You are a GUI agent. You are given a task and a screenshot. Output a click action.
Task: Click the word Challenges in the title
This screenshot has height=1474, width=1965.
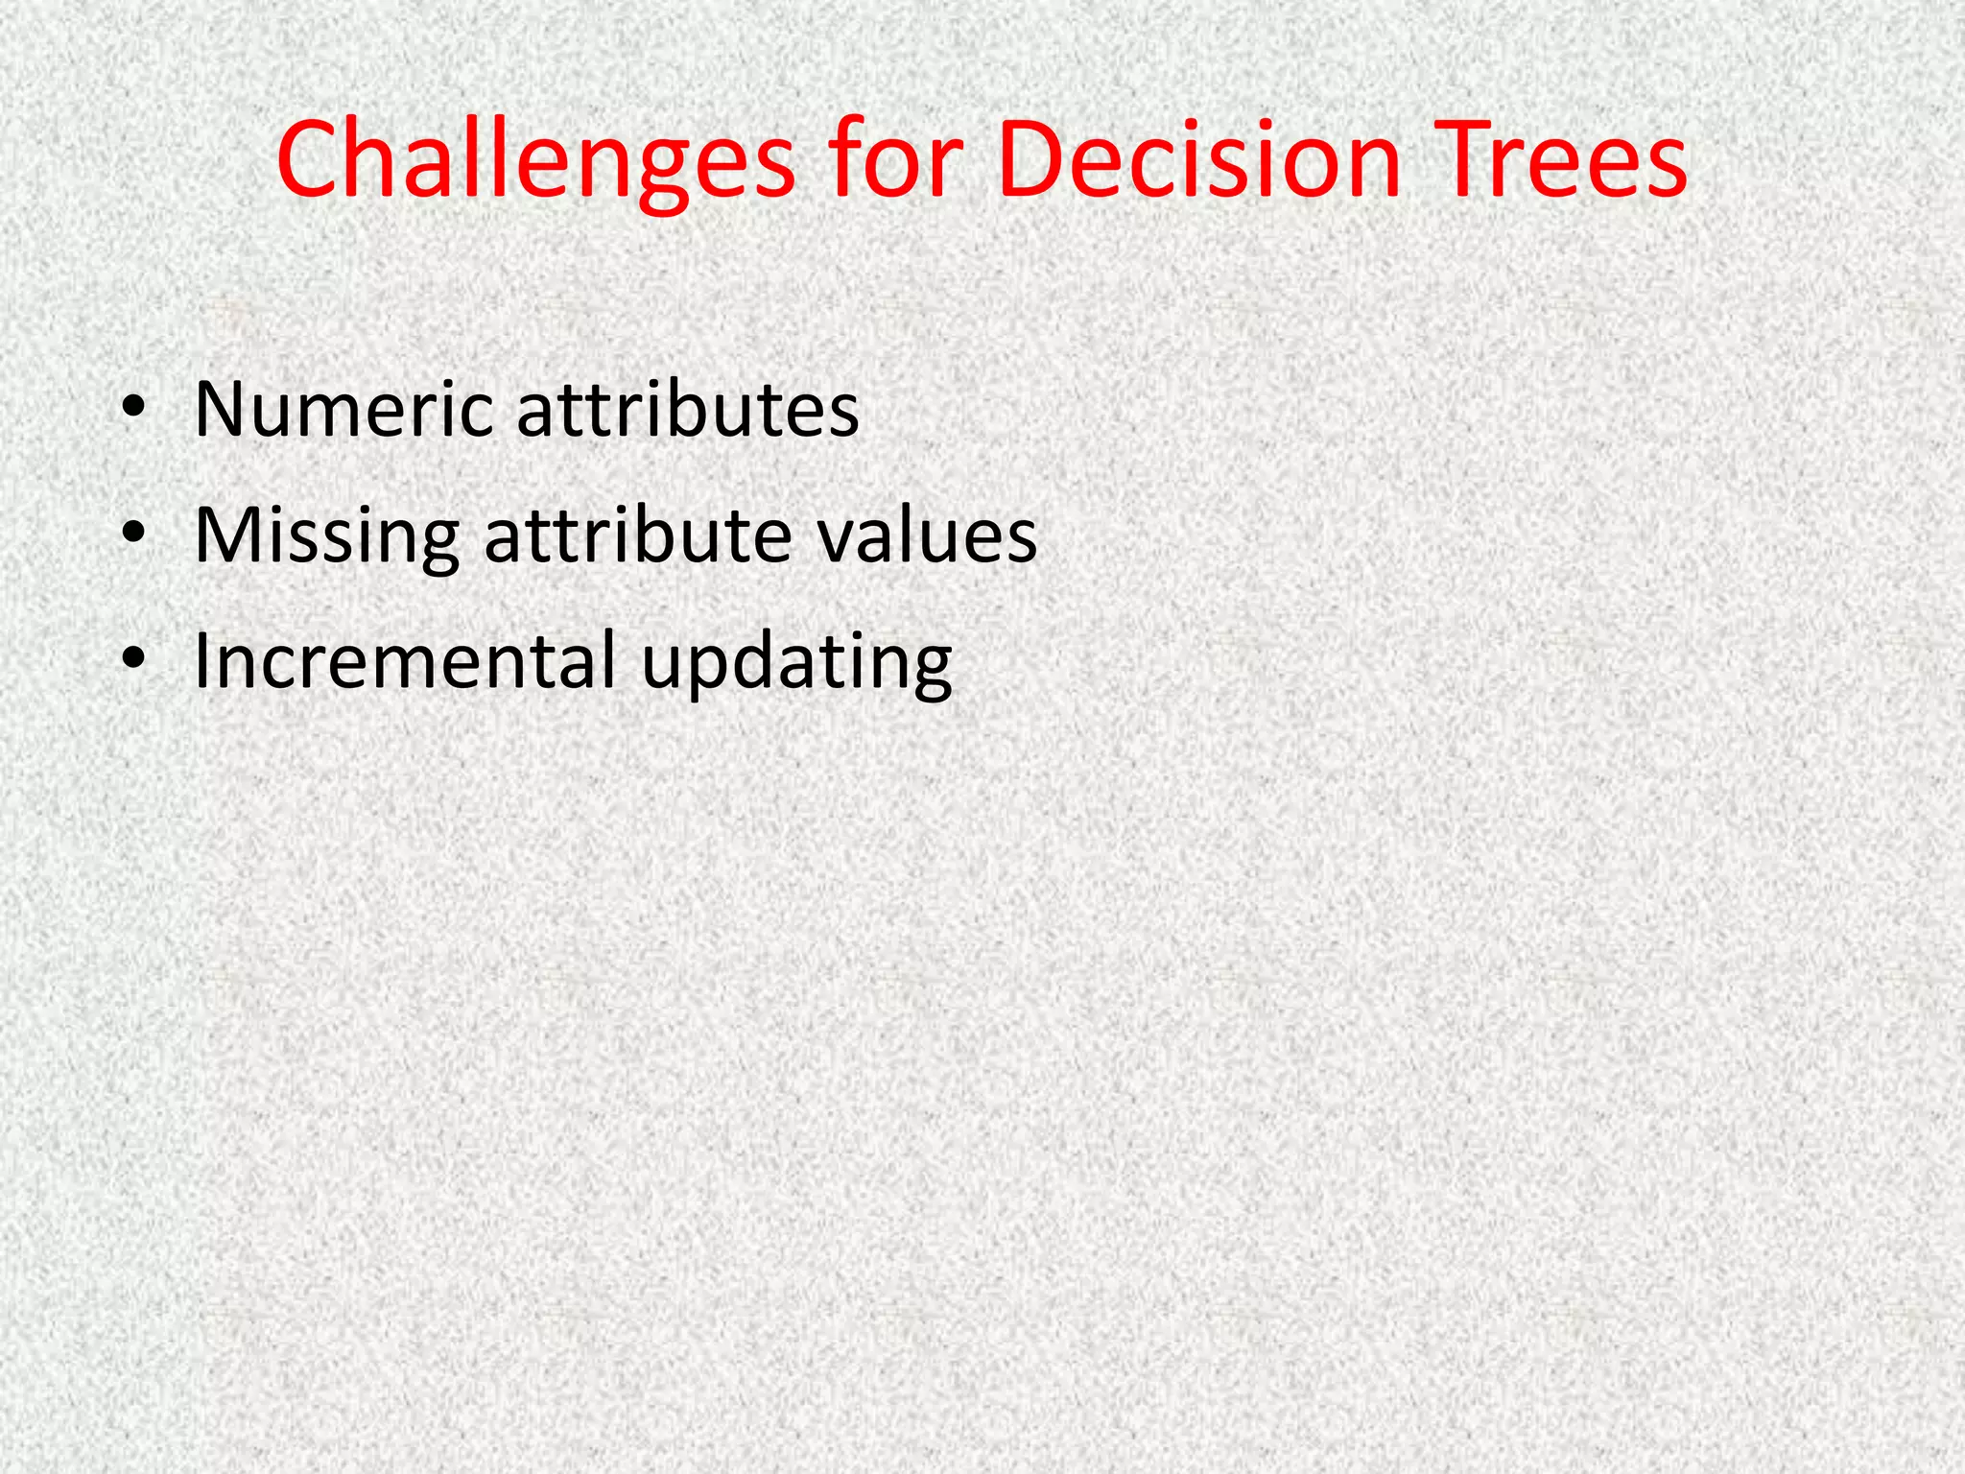(534, 160)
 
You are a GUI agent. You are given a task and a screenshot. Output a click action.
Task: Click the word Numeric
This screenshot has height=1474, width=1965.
(343, 411)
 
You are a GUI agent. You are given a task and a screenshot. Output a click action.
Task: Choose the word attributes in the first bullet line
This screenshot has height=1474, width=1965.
(687, 411)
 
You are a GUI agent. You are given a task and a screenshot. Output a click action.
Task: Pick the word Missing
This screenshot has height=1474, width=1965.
(326, 535)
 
